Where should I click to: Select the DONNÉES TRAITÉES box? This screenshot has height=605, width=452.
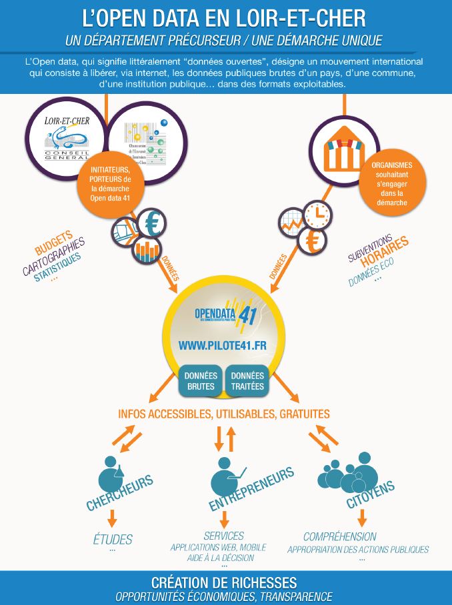click(247, 380)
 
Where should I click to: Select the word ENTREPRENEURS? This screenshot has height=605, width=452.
click(252, 489)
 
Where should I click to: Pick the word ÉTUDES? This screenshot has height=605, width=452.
click(113, 539)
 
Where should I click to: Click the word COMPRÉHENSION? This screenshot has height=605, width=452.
click(340, 536)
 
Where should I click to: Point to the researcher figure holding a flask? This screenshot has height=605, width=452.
click(113, 474)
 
